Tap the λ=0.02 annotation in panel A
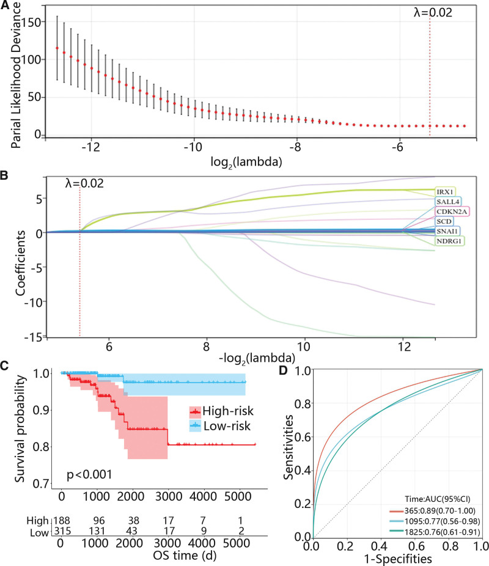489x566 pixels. tap(432, 12)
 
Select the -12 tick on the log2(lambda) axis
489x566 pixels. tap(90, 148)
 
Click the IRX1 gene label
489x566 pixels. tap(444, 191)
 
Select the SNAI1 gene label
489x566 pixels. tap(446, 231)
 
